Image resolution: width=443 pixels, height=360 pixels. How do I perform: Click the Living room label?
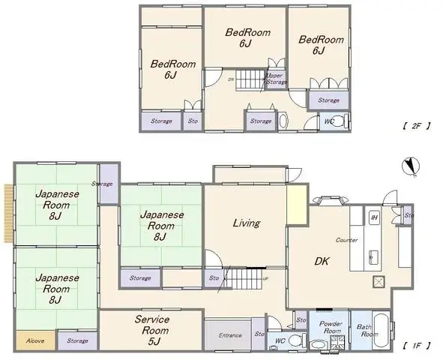246,223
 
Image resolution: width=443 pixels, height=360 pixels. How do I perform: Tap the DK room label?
322,261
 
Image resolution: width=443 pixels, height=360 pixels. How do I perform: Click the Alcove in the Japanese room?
34,340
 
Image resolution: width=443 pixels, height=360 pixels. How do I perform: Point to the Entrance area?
230,335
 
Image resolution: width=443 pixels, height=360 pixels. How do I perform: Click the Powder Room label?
331,328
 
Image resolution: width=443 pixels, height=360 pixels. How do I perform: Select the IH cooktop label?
373,217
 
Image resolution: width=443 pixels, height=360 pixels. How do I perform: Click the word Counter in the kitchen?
346,240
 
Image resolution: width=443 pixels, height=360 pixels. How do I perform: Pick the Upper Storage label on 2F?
276,78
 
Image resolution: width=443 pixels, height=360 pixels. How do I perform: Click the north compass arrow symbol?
409,165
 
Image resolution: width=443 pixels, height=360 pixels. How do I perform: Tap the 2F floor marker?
416,125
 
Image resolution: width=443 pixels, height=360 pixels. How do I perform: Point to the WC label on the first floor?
280,342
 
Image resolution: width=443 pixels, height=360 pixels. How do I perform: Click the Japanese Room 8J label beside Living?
160,225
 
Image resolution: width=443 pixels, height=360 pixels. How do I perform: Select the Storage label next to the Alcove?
77,340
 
